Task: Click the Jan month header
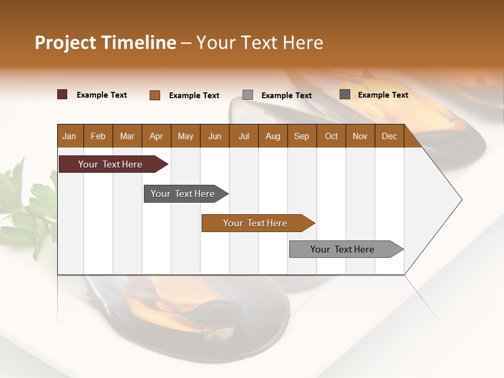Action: point(69,136)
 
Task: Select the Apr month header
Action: point(156,136)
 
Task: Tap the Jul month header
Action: point(244,136)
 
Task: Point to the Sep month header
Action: point(301,136)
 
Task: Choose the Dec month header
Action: point(389,136)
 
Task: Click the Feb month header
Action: point(98,136)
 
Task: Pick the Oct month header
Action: point(331,136)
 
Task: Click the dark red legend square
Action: point(62,94)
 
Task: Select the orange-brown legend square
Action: point(155,95)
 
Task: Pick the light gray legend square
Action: point(248,95)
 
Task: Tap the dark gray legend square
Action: point(345,94)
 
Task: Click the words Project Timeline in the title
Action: point(105,43)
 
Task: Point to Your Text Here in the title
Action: point(260,43)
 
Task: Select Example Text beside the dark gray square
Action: point(383,95)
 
